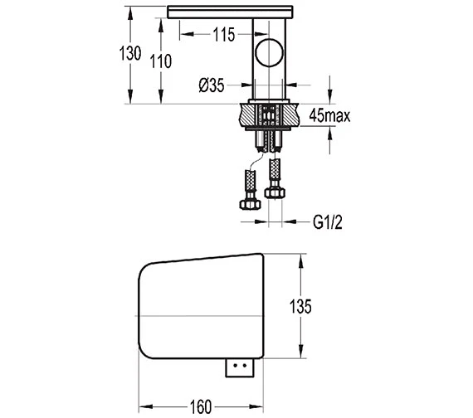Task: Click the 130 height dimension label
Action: point(130,53)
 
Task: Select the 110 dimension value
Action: point(161,61)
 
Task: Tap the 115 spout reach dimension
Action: point(224,34)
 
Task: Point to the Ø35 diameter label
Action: point(212,85)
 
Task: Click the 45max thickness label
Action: point(329,115)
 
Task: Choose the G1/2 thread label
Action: point(328,222)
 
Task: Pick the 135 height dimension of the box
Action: point(300,306)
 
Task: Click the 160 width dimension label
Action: point(201,407)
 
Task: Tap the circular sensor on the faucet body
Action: point(270,53)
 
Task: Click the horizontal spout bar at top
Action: point(230,12)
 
